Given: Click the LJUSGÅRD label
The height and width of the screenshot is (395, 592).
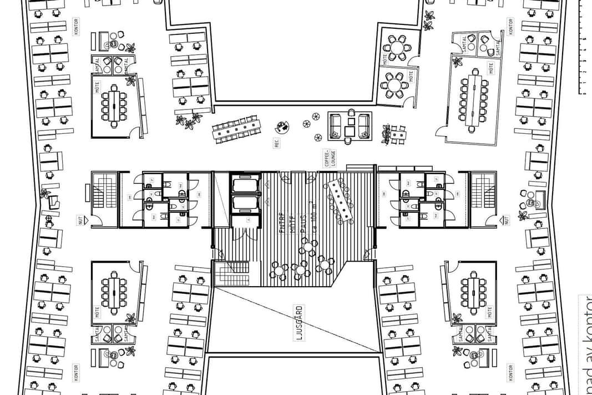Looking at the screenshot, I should click(299, 322).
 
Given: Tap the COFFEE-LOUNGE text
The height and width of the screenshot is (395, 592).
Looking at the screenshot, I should click(327, 158).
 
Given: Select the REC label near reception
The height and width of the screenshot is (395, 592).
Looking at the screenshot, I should click(276, 143).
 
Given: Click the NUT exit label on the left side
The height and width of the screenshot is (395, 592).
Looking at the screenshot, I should click(80, 221).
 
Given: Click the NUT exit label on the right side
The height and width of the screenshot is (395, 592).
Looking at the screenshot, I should click(506, 221).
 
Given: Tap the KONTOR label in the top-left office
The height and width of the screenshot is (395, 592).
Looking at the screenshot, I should click(75, 27).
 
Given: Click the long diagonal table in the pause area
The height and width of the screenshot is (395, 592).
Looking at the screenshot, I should click(340, 200).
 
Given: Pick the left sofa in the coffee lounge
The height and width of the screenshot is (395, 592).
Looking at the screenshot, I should click(335, 125).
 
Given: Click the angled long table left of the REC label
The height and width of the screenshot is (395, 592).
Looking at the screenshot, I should click(236, 129).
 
